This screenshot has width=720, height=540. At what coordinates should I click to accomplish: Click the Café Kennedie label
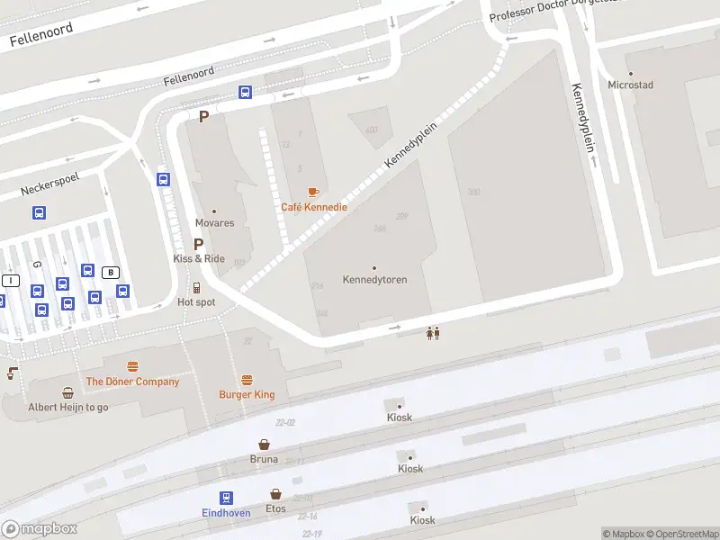tap(314, 207)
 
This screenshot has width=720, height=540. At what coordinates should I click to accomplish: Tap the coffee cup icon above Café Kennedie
tap(313, 192)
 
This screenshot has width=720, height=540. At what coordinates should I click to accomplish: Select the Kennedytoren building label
tap(374, 279)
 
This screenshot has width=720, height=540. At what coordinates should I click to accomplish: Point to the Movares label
tap(214, 222)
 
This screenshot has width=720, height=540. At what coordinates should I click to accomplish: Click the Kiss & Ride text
tap(199, 258)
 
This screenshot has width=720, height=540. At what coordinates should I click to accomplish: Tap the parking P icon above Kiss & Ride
tap(199, 244)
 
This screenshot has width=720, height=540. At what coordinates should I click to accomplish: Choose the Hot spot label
tap(196, 302)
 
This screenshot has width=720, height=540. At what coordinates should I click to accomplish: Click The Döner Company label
tap(132, 382)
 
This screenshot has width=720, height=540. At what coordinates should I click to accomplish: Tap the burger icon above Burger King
tap(247, 380)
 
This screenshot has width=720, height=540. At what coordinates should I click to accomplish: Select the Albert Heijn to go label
tap(67, 407)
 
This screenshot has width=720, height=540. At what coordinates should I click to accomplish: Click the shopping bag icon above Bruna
tap(264, 445)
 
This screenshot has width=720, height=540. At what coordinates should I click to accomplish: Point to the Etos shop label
tap(275, 508)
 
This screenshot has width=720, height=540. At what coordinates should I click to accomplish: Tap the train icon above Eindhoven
tap(225, 498)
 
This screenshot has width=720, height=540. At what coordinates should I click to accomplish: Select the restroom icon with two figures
tap(434, 333)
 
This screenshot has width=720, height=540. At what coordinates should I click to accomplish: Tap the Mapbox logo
tap(39, 529)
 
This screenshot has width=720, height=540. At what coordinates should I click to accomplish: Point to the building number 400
tap(372, 130)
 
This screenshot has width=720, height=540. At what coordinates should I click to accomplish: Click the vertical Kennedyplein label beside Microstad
tap(583, 117)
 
